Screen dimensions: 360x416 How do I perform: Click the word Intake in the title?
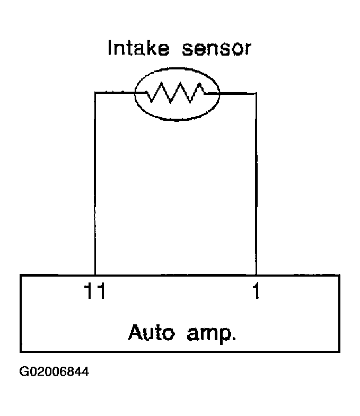tap(138, 48)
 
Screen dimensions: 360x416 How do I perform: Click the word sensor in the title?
tap(216, 49)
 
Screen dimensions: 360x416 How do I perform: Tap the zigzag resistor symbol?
tap(176, 93)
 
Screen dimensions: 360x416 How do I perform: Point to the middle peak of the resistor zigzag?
tap(181, 84)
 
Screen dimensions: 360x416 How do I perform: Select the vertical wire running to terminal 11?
tap(95, 183)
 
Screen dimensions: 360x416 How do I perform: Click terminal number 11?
tap(94, 291)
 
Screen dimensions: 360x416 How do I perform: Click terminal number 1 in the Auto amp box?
tap(256, 291)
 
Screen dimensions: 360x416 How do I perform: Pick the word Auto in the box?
tap(152, 332)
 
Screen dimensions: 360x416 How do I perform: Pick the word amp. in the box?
tap(212, 334)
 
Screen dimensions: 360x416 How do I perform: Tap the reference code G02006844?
tap(54, 371)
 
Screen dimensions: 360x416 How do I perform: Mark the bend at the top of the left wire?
tap(95, 93)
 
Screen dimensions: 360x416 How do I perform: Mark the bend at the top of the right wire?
tap(256, 93)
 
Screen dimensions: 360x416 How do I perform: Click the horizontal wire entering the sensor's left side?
tap(120, 93)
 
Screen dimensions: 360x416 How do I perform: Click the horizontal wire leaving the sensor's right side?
tap(232, 93)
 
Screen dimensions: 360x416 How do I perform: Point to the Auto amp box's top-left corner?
tap(21, 276)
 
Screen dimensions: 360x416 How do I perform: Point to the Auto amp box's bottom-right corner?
tap(339, 352)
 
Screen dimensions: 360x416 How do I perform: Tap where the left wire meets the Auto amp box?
tap(95, 276)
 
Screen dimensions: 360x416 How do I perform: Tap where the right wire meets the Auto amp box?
tap(256, 276)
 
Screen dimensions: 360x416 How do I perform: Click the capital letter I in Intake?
tap(110, 48)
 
